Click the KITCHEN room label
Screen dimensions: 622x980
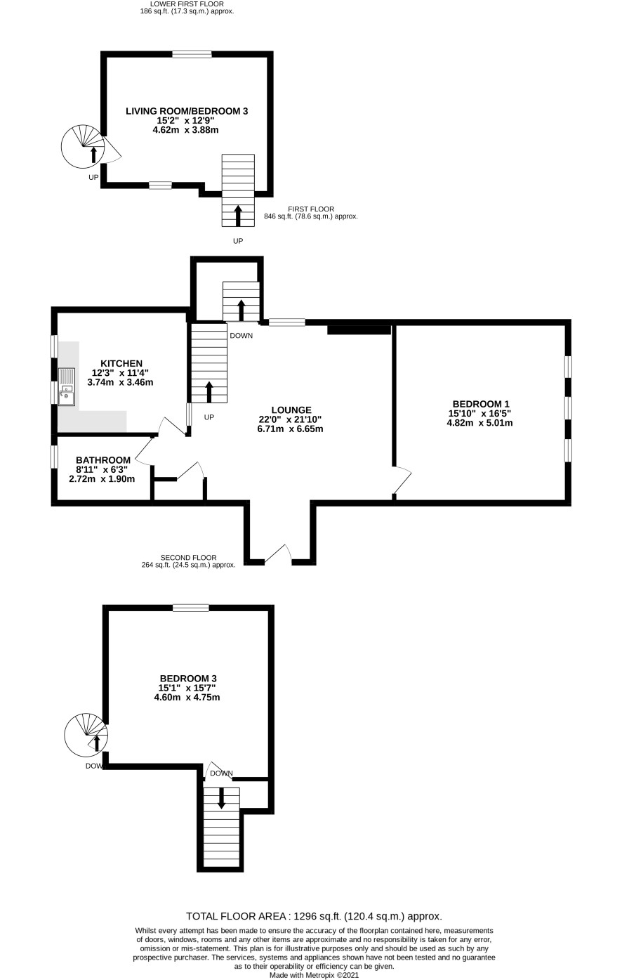[x=121, y=364]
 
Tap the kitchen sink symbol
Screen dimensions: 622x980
[x=67, y=387]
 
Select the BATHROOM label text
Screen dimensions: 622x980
[x=103, y=460]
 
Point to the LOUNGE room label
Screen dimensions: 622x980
[x=291, y=410]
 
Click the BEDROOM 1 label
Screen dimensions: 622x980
[x=481, y=404]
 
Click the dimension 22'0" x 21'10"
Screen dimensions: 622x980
[x=290, y=419]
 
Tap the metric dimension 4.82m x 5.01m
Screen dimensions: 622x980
[x=480, y=423]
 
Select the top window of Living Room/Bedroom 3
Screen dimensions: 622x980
[x=192, y=54]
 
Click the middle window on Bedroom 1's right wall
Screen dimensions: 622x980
[x=568, y=407]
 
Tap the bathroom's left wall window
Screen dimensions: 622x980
[x=54, y=457]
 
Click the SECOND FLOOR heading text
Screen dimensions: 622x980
[x=188, y=558]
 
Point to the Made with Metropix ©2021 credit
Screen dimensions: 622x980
[x=315, y=975]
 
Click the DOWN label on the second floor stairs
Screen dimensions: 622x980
[x=221, y=773]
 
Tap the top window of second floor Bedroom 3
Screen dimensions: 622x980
[x=190, y=608]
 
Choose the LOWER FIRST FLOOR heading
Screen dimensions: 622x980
[x=187, y=4]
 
